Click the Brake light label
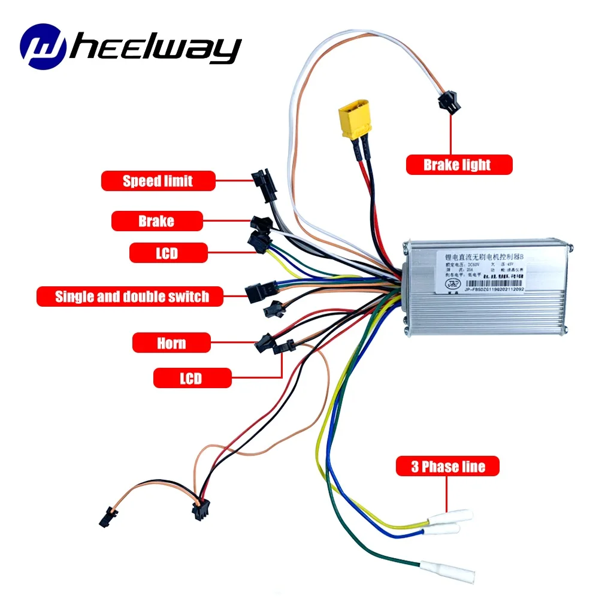click(x=459, y=165)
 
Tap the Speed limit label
click(x=158, y=181)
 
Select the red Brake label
click(x=156, y=222)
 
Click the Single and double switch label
click(x=131, y=297)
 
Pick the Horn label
click(x=171, y=343)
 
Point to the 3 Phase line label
click(x=447, y=467)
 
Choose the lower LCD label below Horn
click(x=192, y=378)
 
